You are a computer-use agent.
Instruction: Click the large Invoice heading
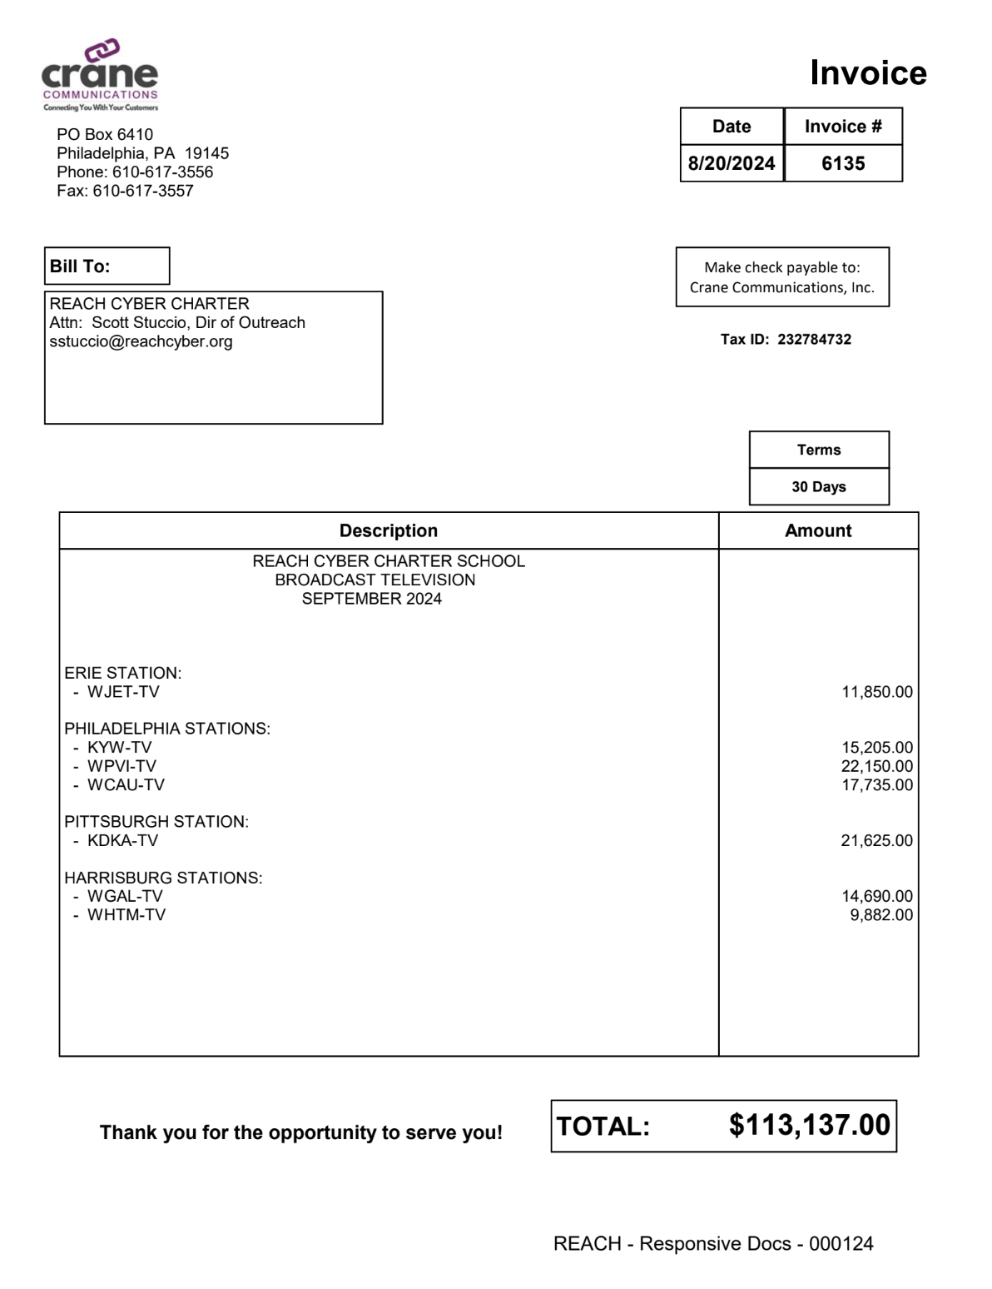coord(867,73)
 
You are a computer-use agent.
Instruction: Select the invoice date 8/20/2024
coord(732,163)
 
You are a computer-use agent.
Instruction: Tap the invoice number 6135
coord(843,163)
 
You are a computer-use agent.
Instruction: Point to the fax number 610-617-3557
coord(142,191)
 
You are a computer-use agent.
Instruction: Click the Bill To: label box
coord(107,266)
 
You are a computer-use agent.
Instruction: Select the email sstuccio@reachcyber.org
coord(141,341)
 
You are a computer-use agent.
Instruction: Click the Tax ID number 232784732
coord(814,340)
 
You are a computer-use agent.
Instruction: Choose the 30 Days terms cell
coord(819,486)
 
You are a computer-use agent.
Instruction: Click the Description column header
coord(389,530)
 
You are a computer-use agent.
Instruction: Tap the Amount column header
coord(818,530)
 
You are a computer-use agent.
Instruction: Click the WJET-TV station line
coord(123,692)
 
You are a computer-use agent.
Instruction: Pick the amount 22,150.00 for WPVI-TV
coord(876,766)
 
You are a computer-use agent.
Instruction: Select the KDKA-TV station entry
coord(122,840)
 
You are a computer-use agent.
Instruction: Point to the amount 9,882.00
coord(880,915)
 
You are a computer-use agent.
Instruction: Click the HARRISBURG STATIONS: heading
coord(163,878)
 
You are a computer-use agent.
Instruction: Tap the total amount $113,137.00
coord(809,1125)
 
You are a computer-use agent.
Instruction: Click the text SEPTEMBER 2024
coord(371,599)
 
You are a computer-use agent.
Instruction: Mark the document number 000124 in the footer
coord(841,1244)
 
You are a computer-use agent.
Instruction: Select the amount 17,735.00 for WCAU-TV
coord(876,784)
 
